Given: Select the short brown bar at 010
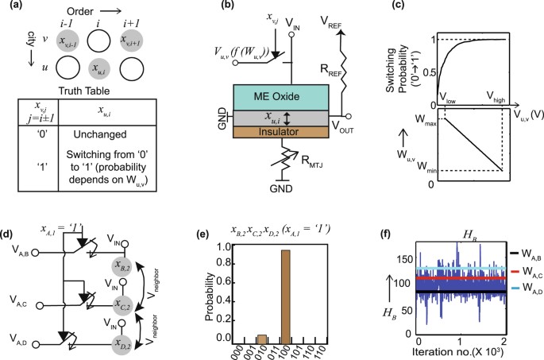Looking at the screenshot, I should pos(260,338).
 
